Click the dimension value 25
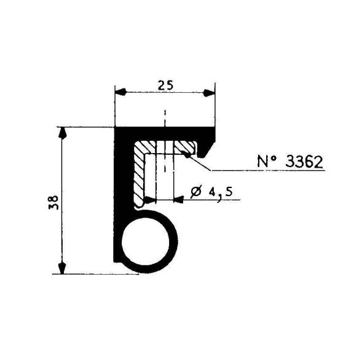(165, 85)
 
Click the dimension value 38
(53, 202)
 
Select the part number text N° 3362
(290, 162)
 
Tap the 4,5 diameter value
(221, 193)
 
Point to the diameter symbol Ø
(196, 192)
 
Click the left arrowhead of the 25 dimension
(120, 92)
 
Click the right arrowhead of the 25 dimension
(209, 93)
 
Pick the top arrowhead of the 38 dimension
(62, 133)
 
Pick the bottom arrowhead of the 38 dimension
(62, 268)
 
